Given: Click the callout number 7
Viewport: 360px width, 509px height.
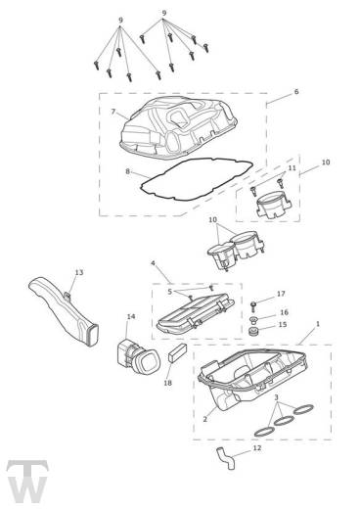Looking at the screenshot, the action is coord(113,112).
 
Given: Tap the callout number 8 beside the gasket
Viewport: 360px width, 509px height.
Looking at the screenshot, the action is coord(127,171).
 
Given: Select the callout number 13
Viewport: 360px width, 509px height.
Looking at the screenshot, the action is coord(79,272).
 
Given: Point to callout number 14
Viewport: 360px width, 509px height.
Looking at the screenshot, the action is coord(131,316).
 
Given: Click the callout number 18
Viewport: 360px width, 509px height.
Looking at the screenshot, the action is coord(167,383).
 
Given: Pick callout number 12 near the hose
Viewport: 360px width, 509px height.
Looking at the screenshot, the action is coord(257,448).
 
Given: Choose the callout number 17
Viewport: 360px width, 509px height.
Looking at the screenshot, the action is coord(281,294).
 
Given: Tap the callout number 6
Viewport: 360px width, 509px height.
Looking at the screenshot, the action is coord(296,92).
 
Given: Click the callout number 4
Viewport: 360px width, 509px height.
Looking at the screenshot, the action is coord(153,263).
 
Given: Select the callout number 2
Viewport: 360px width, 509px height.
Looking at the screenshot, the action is coord(204,419).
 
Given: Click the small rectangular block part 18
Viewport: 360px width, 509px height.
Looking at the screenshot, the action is coord(178,352).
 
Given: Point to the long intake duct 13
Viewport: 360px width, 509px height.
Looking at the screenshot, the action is coord(64,310).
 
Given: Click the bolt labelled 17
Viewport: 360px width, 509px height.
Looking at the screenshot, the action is coord(253,306).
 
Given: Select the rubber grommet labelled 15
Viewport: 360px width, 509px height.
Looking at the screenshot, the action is coord(252,332).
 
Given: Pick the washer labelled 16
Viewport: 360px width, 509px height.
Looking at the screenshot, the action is coord(253,319).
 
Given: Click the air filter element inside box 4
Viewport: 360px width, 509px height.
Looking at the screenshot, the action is coord(196,314).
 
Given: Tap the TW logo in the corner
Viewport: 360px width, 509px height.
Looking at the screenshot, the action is coord(27,482).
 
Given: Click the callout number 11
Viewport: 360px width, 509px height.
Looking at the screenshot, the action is coord(292,168).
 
